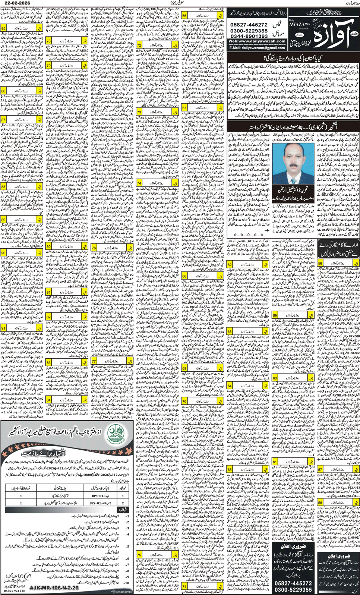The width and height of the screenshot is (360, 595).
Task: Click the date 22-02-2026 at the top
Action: [x=18, y=3]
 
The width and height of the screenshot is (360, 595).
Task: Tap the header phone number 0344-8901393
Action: [x=249, y=36]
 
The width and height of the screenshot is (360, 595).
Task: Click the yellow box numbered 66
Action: [x=184, y=16]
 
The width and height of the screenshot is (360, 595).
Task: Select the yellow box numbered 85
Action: [x=3, y=28]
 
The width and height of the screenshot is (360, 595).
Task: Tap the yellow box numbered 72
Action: [x=139, y=45]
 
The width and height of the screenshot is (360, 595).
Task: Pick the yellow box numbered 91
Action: [x=3, y=328]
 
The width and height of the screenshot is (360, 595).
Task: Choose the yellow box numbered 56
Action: [x=320, y=263]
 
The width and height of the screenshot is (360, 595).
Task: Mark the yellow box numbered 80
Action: [x=48, y=247]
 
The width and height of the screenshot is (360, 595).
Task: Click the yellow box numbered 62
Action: [x=230, y=265]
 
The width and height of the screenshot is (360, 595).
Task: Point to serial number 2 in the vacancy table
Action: [x=123, y=503]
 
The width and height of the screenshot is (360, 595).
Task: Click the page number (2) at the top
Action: [x=176, y=3]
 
